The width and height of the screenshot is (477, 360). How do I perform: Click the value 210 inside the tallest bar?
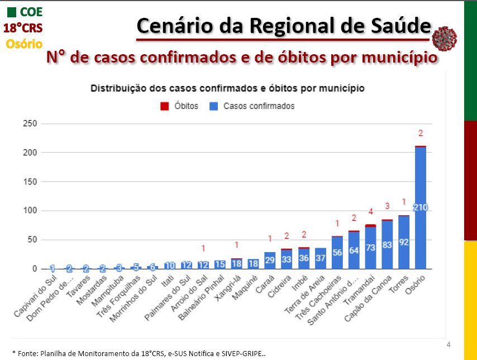point(420,207)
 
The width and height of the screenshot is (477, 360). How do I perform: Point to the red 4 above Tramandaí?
point(370,212)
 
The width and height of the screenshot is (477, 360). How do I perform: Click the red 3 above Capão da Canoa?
point(387,206)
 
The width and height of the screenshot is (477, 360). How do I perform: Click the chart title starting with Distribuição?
point(227,88)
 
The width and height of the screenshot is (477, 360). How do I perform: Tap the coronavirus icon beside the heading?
point(445,38)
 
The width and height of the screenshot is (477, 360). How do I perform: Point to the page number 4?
point(449,343)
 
